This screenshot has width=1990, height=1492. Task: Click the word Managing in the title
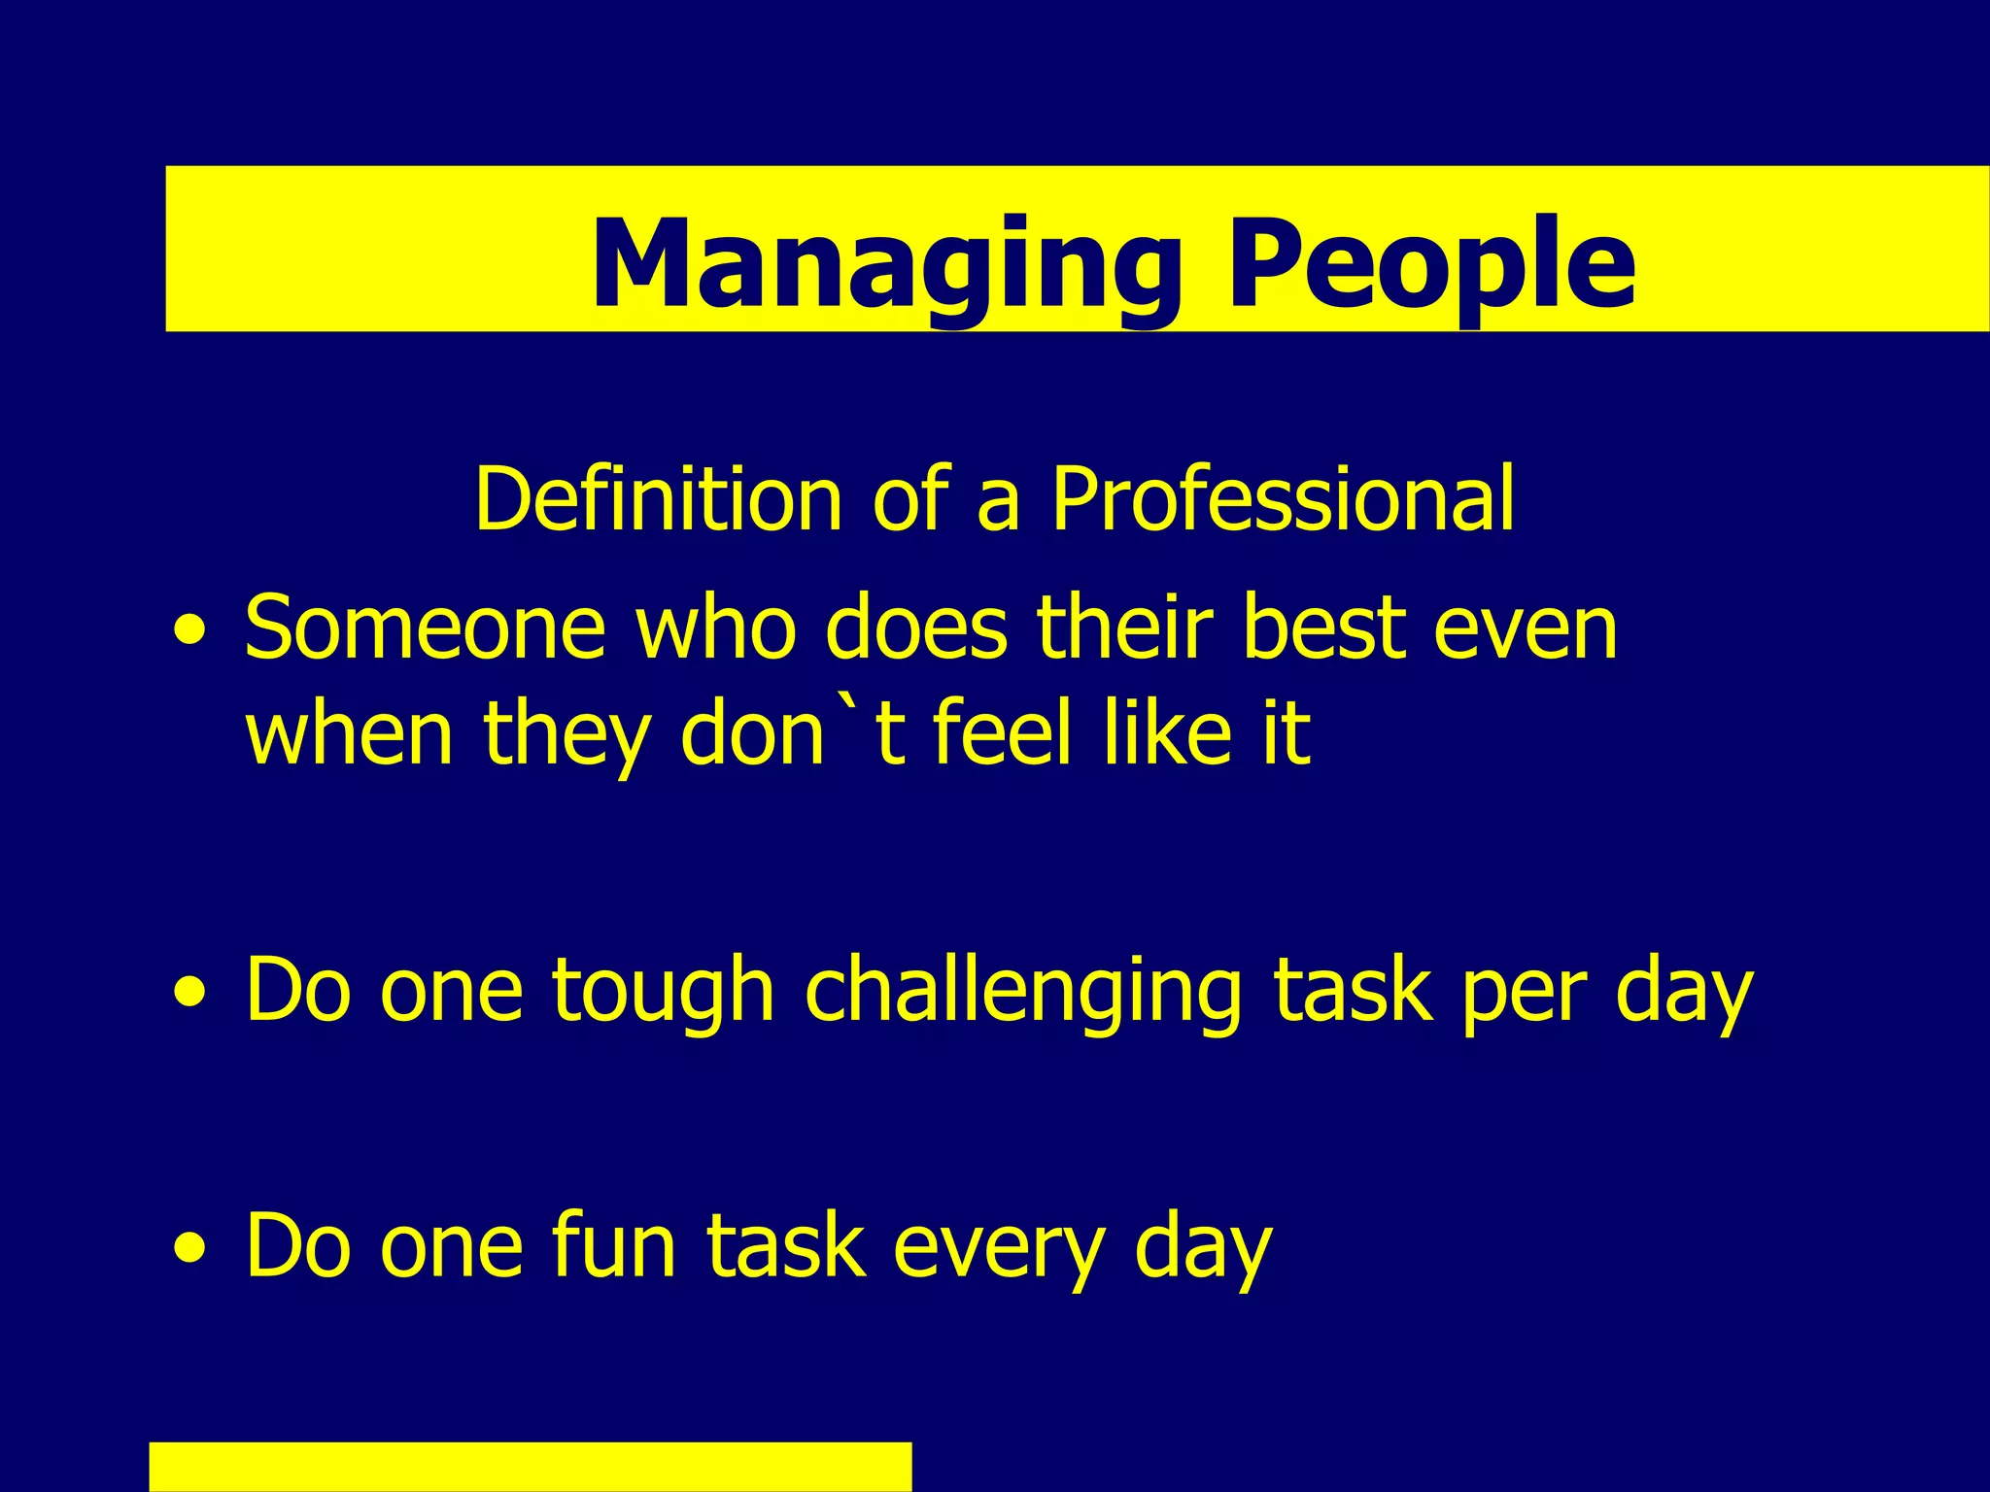tap(884, 264)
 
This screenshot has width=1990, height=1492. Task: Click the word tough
tap(663, 991)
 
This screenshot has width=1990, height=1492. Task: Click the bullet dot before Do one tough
tap(190, 993)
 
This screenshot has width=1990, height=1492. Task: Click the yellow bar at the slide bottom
tap(531, 1467)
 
